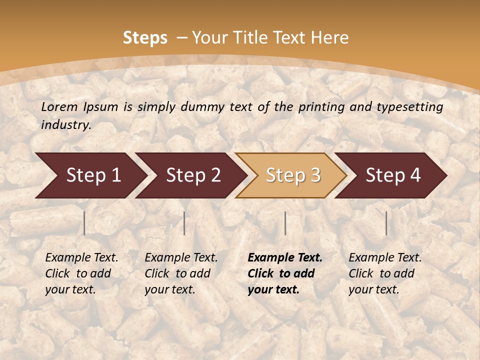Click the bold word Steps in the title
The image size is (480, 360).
145,38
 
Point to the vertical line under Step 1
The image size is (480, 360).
84,223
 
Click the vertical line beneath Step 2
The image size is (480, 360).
184,223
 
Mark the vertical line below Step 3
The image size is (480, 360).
285,223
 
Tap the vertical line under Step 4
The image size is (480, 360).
386,223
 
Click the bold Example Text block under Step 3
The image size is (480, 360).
285,273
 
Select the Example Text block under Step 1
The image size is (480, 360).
81,273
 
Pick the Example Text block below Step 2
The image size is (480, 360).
181,273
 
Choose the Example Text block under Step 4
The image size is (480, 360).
385,273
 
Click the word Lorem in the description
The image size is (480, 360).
59,106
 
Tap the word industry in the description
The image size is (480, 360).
65,125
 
